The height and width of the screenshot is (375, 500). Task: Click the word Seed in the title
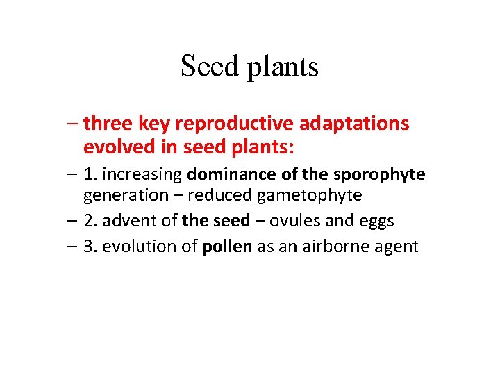click(x=206, y=67)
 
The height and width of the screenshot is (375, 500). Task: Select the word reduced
click(x=219, y=195)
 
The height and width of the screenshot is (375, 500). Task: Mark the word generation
click(x=126, y=196)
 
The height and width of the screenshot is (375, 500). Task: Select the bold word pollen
click(x=226, y=247)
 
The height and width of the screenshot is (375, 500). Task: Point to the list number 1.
click(x=90, y=174)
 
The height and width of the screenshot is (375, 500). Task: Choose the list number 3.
click(x=90, y=246)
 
